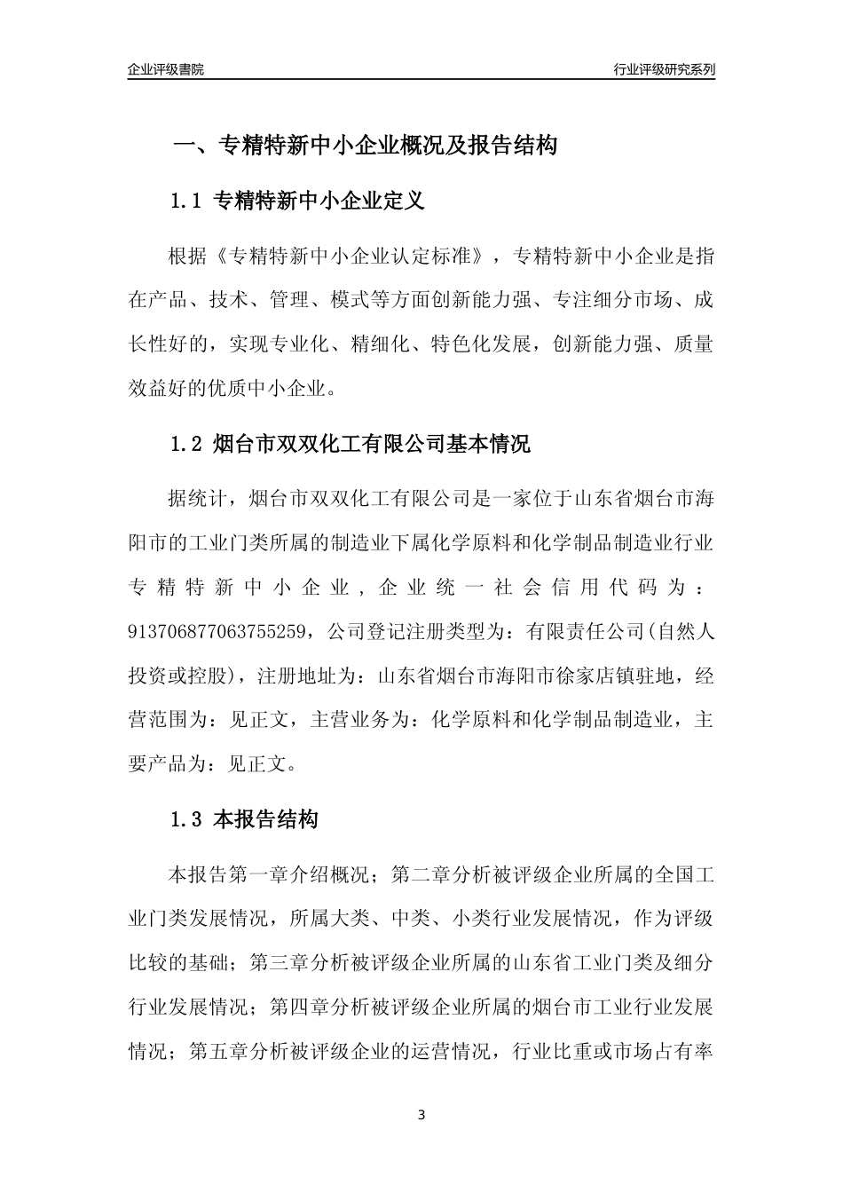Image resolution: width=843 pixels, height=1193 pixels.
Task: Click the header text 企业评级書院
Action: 166,69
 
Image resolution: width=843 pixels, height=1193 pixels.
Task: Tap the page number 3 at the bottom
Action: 421,1115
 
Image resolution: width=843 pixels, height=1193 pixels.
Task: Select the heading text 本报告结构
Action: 266,820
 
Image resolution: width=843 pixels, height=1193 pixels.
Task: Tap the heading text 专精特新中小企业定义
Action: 319,201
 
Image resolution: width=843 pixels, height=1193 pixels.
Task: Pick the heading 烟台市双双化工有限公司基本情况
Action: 373,445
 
